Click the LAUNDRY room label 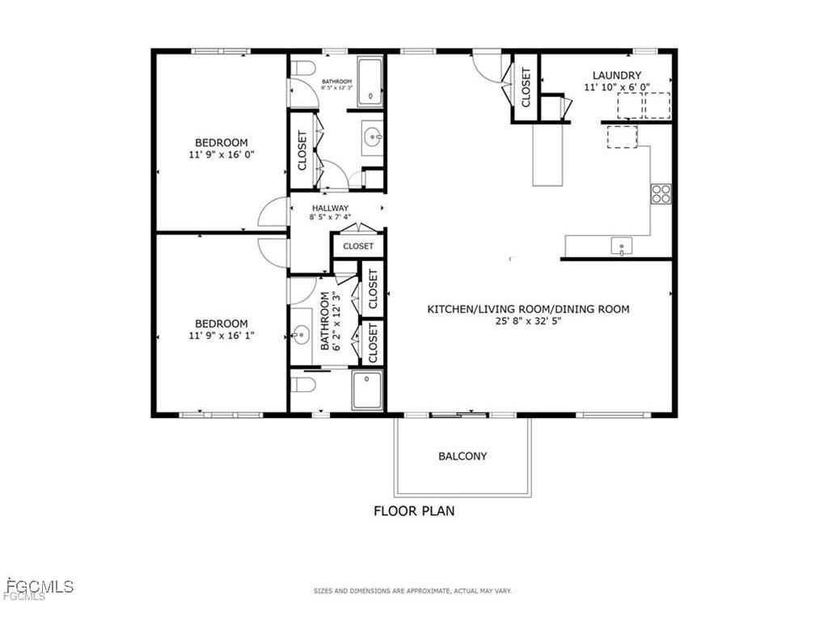pyautogui.click(x=617, y=76)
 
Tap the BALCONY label pyautogui.click(x=463, y=456)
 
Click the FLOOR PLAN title pyautogui.click(x=413, y=511)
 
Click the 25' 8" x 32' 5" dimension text pyautogui.click(x=528, y=321)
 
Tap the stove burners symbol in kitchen pyautogui.click(x=661, y=193)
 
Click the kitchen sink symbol pyautogui.click(x=621, y=245)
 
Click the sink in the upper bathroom pyautogui.click(x=372, y=136)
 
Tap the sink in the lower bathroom pyautogui.click(x=301, y=334)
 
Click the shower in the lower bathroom pyautogui.click(x=366, y=391)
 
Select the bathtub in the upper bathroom pyautogui.click(x=370, y=82)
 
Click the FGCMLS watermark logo pyautogui.click(x=38, y=588)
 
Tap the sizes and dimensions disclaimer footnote pyautogui.click(x=412, y=591)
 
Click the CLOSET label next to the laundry pyautogui.click(x=526, y=87)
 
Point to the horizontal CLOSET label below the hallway pyautogui.click(x=357, y=246)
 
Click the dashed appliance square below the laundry pyautogui.click(x=622, y=136)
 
